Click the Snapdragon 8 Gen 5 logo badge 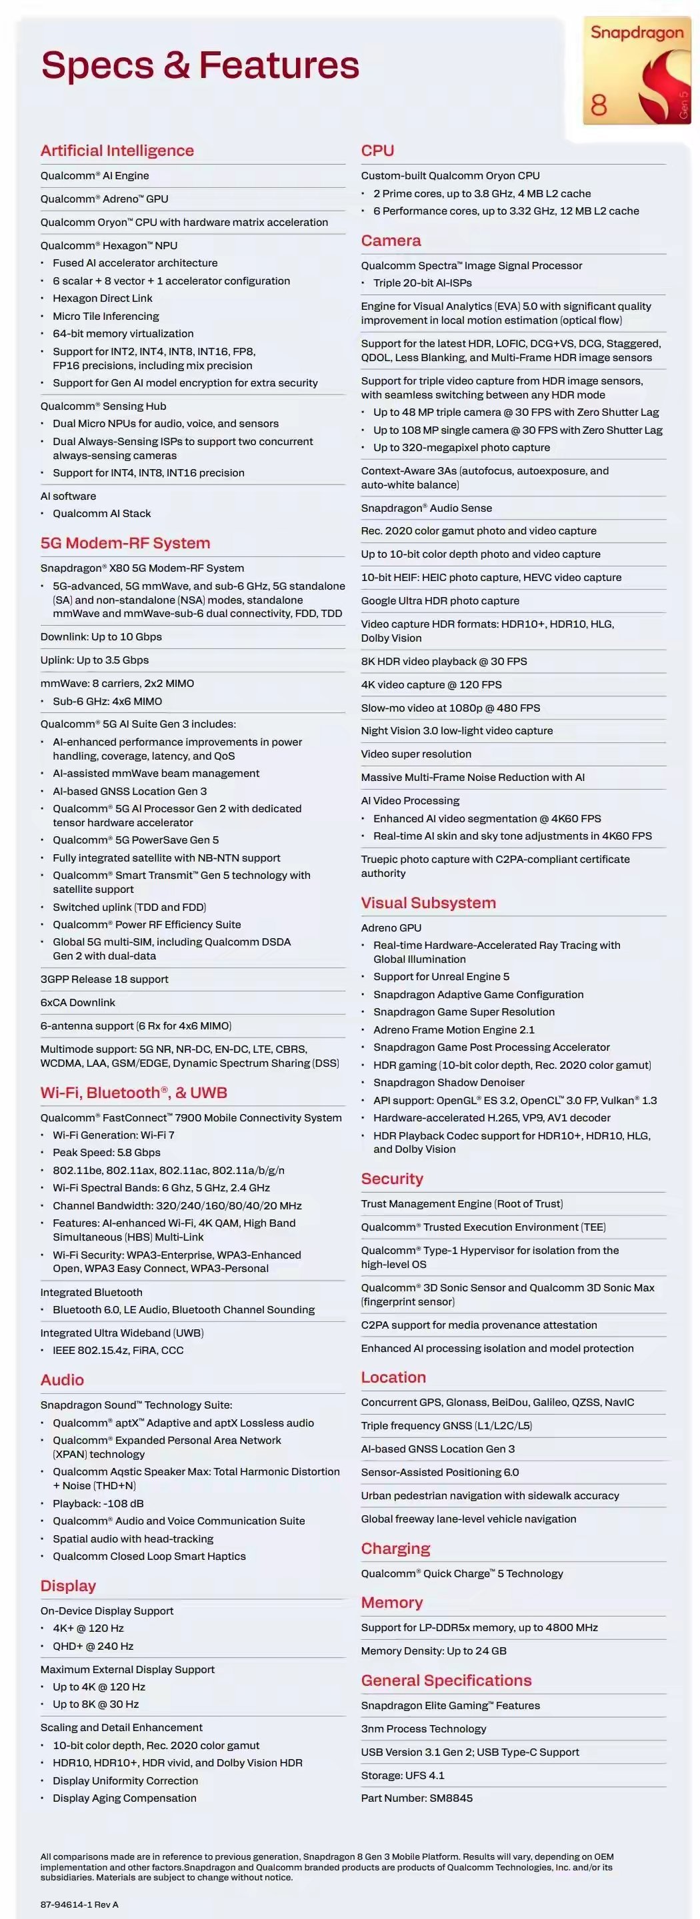click(x=637, y=71)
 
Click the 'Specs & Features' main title click(x=200, y=65)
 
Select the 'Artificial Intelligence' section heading click(x=117, y=151)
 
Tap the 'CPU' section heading click(x=377, y=151)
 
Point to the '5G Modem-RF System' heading click(x=125, y=543)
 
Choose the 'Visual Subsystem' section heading click(x=428, y=903)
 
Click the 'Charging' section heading click(x=395, y=1549)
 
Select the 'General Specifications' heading click(x=446, y=1680)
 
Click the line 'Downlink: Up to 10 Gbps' click(x=101, y=637)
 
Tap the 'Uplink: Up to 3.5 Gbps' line click(x=95, y=660)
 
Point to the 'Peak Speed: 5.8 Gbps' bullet click(x=107, y=1153)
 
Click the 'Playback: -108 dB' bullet click(x=97, y=1503)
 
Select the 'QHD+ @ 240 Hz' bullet click(x=93, y=1646)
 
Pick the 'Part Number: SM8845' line click(x=417, y=1798)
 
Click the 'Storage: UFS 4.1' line click(x=403, y=1775)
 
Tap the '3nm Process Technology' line click(x=423, y=1729)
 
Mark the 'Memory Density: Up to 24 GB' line click(x=433, y=1651)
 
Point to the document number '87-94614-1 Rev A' click(x=79, y=1905)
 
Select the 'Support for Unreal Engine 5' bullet click(x=441, y=977)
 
